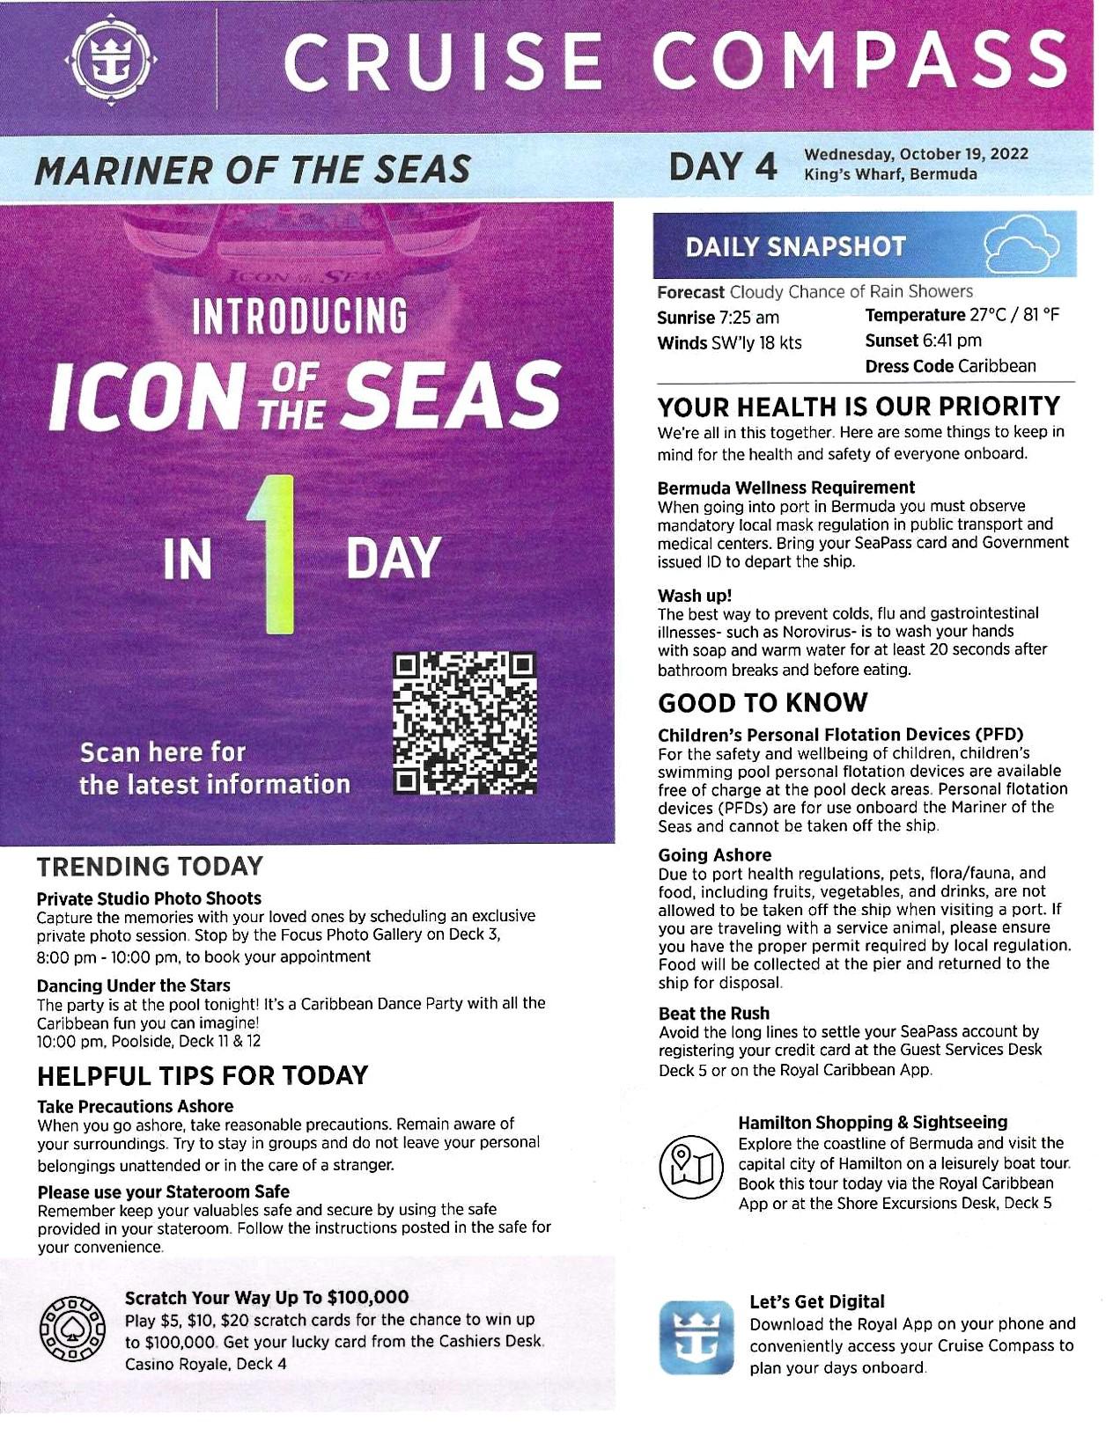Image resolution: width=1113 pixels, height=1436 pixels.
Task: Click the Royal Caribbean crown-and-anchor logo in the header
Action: point(111,59)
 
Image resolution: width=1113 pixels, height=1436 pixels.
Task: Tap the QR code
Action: point(464,723)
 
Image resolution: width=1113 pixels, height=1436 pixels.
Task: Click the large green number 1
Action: point(275,554)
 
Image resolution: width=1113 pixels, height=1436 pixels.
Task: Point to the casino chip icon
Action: point(72,1328)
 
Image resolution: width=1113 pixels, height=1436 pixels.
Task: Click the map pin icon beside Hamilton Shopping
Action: point(691,1166)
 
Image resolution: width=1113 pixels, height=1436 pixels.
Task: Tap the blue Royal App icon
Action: point(696,1337)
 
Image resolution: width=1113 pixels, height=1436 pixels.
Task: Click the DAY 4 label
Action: point(722,166)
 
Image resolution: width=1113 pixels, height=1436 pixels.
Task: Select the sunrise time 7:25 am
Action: point(749,318)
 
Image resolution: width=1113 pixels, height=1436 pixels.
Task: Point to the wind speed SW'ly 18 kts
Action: point(756,343)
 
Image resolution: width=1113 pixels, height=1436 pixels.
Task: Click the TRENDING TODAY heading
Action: point(150,867)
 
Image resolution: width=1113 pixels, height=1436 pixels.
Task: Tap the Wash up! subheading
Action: point(695,596)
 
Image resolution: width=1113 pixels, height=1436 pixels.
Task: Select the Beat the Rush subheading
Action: point(713,1014)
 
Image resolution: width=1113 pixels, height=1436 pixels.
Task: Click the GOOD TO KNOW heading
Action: point(763,703)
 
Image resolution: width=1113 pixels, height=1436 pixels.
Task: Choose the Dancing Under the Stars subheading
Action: point(134,985)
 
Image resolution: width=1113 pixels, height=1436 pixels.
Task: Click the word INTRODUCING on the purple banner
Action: point(299,317)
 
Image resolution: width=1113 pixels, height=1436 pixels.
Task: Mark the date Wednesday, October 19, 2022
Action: point(916,155)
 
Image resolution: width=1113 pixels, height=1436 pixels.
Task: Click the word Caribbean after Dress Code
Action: point(997,366)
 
